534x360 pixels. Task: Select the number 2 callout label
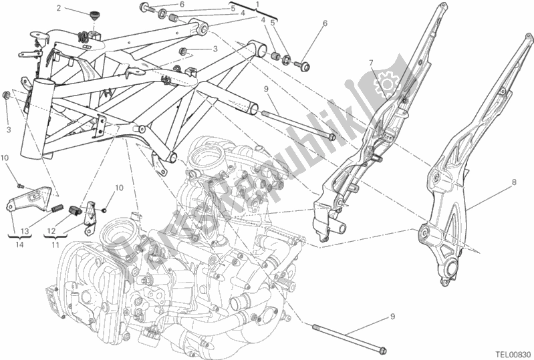pos(59,9)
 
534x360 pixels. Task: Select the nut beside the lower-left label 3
pos(7,96)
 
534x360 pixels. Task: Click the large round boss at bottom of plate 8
pos(446,270)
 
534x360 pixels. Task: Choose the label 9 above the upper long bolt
pos(265,88)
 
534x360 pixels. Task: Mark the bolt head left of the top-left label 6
pos(144,8)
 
